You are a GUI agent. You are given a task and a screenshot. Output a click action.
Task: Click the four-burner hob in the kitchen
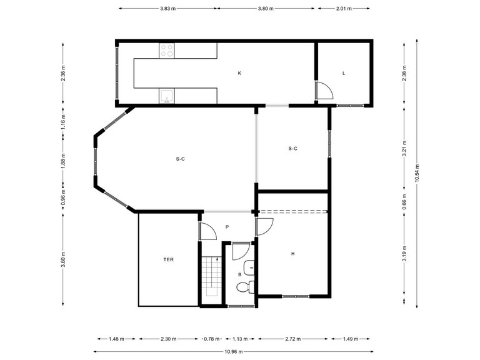coord(167,51)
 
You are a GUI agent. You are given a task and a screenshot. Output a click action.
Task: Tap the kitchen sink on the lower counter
coord(167,96)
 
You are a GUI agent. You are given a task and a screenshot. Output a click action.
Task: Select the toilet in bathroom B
coord(244,287)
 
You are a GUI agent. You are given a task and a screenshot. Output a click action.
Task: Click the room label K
coord(239,73)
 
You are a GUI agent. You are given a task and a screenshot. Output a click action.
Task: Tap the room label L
coord(344,73)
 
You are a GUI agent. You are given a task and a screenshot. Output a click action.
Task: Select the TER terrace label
coord(168,258)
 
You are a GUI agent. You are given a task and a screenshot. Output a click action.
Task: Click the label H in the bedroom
coord(292,254)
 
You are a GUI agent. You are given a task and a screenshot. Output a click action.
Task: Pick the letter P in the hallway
coord(227,227)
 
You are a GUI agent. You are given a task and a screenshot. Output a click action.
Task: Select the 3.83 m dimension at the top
coord(167,9)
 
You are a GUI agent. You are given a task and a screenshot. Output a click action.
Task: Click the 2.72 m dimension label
coord(292,339)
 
